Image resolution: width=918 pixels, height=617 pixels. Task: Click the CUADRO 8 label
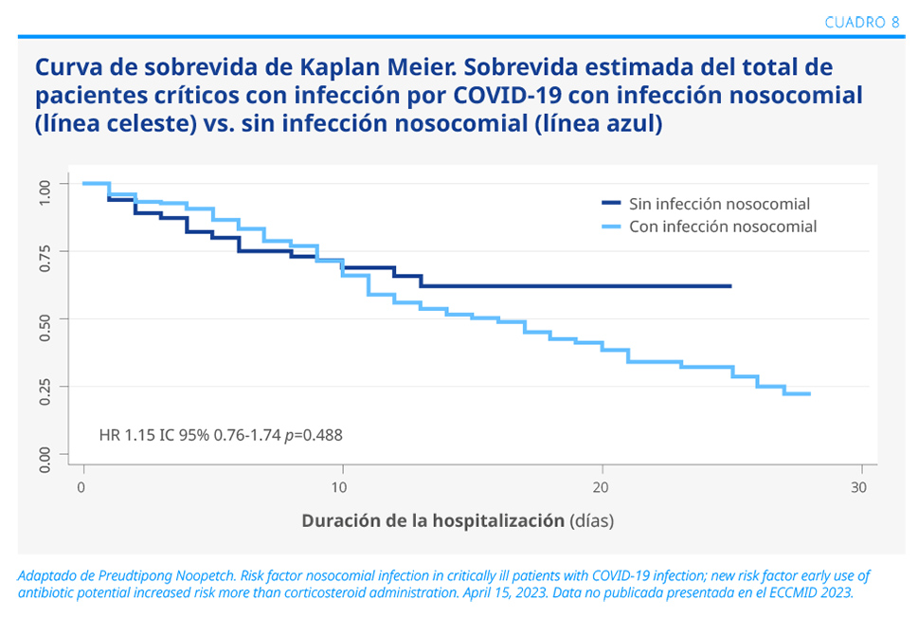click(x=862, y=22)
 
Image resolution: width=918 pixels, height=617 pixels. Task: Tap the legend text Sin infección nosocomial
click(x=719, y=204)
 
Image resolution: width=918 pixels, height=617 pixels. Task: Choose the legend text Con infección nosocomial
click(x=723, y=227)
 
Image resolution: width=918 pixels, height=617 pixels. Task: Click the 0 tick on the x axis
click(x=83, y=486)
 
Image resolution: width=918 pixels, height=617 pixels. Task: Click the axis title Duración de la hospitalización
click(x=433, y=521)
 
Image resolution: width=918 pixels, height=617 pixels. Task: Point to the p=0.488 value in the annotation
click(x=314, y=435)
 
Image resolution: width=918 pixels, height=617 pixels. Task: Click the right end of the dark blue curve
click(x=730, y=285)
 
